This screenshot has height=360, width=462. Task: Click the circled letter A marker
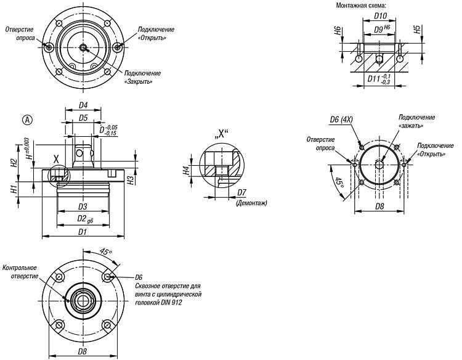pyautogui.click(x=27, y=120)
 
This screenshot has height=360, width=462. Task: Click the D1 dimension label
pyautogui.click(x=83, y=232)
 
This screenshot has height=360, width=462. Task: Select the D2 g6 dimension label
pyautogui.click(x=85, y=219)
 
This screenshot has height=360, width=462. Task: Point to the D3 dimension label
pyautogui.click(x=83, y=207)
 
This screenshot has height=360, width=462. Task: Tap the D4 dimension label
pyautogui.click(x=83, y=105)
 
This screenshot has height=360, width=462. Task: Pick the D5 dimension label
pyautogui.click(x=83, y=118)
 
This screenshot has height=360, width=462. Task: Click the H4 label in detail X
pyautogui.click(x=185, y=171)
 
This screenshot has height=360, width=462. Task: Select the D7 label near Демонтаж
pyautogui.click(x=241, y=192)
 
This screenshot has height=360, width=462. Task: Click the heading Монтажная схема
pyautogui.click(x=361, y=6)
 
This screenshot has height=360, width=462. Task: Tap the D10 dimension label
pyautogui.click(x=380, y=16)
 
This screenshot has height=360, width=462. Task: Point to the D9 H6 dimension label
pyautogui.click(x=382, y=29)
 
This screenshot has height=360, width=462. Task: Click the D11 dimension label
pyautogui.click(x=379, y=80)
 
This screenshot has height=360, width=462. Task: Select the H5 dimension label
pyautogui.click(x=416, y=30)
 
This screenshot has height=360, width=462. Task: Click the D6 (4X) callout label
pyautogui.click(x=341, y=120)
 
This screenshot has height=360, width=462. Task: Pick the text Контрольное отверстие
pyautogui.click(x=20, y=272)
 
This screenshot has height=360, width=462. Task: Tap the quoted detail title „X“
pyautogui.click(x=221, y=134)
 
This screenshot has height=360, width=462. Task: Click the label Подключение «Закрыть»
pyautogui.click(x=143, y=77)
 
